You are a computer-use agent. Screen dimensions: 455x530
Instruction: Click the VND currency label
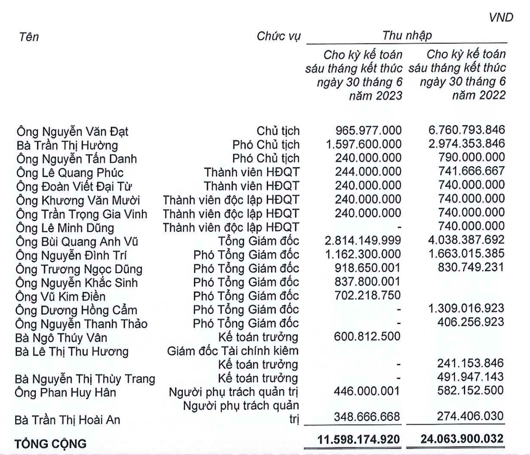[501, 18]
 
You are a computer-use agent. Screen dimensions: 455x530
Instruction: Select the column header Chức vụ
[278, 37]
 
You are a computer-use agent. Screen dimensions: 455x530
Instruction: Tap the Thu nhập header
[407, 36]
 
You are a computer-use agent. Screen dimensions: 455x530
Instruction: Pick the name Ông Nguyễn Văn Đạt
[73, 132]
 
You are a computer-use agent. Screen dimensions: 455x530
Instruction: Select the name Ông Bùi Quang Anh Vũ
[77, 242]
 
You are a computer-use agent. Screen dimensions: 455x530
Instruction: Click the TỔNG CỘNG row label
[49, 444]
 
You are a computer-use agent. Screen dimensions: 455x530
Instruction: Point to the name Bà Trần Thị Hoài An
[68, 419]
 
